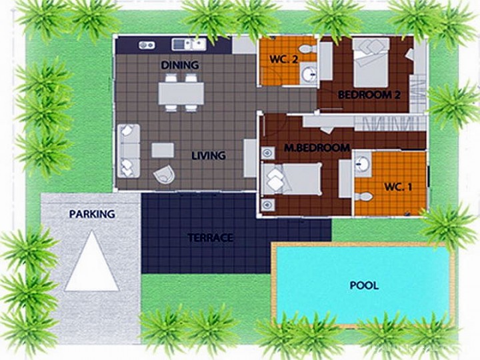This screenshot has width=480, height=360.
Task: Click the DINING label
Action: click(x=180, y=65)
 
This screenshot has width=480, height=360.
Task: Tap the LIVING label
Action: click(x=209, y=155)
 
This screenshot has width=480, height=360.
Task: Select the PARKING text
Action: click(x=92, y=214)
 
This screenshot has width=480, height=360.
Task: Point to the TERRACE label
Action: click(x=210, y=238)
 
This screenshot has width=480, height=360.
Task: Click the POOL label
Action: click(x=364, y=285)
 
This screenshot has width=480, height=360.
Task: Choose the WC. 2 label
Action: click(x=284, y=59)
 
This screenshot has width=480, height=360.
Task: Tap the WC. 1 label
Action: click(x=398, y=187)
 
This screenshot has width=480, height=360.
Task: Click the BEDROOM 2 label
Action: click(x=369, y=95)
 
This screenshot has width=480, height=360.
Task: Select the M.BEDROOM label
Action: click(x=317, y=148)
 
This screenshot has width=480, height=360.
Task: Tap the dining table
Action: click(x=181, y=93)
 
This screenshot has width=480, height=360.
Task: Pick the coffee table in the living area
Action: click(x=163, y=150)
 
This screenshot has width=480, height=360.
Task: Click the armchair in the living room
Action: click(x=165, y=175)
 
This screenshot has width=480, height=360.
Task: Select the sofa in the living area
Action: click(x=129, y=151)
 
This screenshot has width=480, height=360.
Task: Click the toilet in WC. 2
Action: click(x=307, y=49)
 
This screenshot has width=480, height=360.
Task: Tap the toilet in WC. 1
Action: click(x=363, y=196)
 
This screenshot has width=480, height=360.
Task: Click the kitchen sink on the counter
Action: click(x=189, y=45)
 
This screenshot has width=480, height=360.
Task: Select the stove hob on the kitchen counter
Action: click(x=147, y=45)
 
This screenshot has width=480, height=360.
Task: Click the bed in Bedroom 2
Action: click(x=371, y=63)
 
